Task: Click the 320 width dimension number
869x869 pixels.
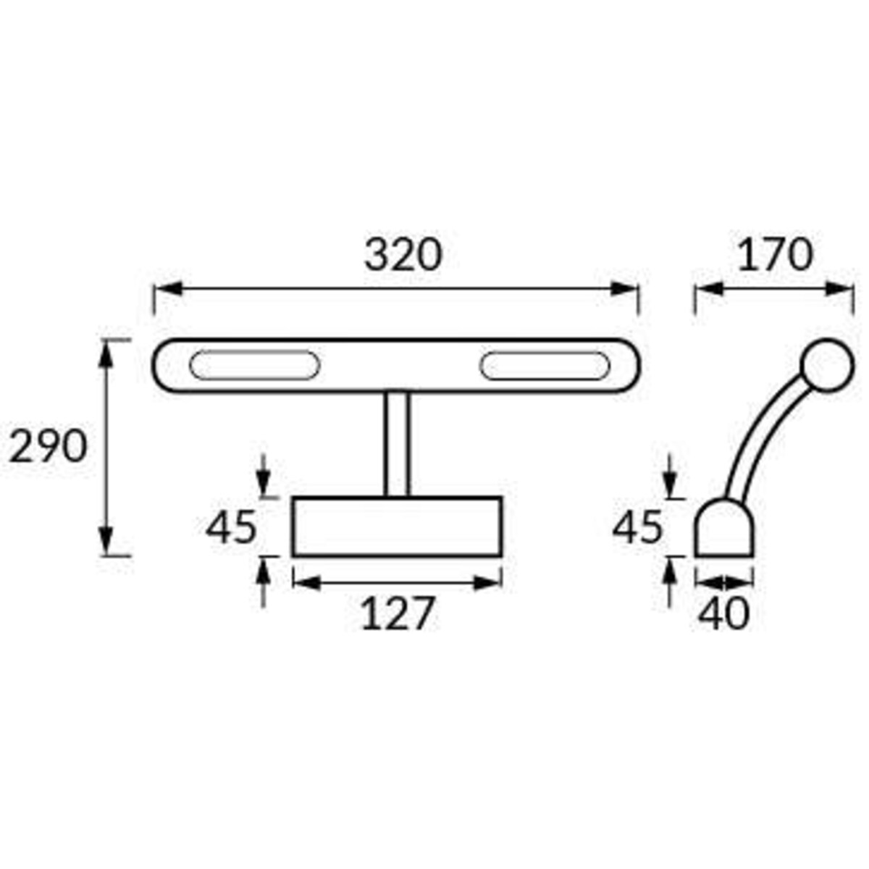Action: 403,255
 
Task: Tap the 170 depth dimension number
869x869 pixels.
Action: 775,255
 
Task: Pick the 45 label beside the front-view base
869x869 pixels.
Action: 231,526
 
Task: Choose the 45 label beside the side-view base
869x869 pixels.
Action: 638,526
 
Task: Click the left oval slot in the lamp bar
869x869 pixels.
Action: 254,365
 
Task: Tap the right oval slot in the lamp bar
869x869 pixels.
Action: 545,366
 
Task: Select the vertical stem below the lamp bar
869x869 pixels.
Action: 397,445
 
